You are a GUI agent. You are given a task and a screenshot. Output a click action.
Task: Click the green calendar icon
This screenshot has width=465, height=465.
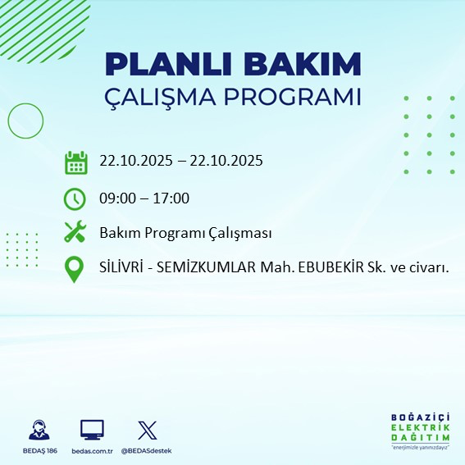(x=75, y=162)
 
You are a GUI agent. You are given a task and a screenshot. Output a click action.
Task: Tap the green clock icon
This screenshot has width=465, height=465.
(x=75, y=198)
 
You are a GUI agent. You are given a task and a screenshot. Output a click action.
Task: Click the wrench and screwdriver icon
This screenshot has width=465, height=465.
(x=75, y=233)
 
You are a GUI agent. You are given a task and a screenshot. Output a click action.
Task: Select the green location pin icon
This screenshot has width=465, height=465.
(x=75, y=269)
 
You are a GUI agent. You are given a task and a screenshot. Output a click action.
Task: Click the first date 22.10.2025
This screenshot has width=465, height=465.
(x=136, y=161)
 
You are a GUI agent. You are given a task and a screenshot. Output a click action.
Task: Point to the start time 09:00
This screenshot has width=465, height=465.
(x=116, y=198)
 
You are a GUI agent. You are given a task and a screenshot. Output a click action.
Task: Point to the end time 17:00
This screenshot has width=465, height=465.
(x=171, y=198)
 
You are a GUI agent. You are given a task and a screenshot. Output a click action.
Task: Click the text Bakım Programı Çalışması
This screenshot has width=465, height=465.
(x=185, y=233)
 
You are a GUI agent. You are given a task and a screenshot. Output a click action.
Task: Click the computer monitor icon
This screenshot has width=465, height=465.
(x=92, y=429)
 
